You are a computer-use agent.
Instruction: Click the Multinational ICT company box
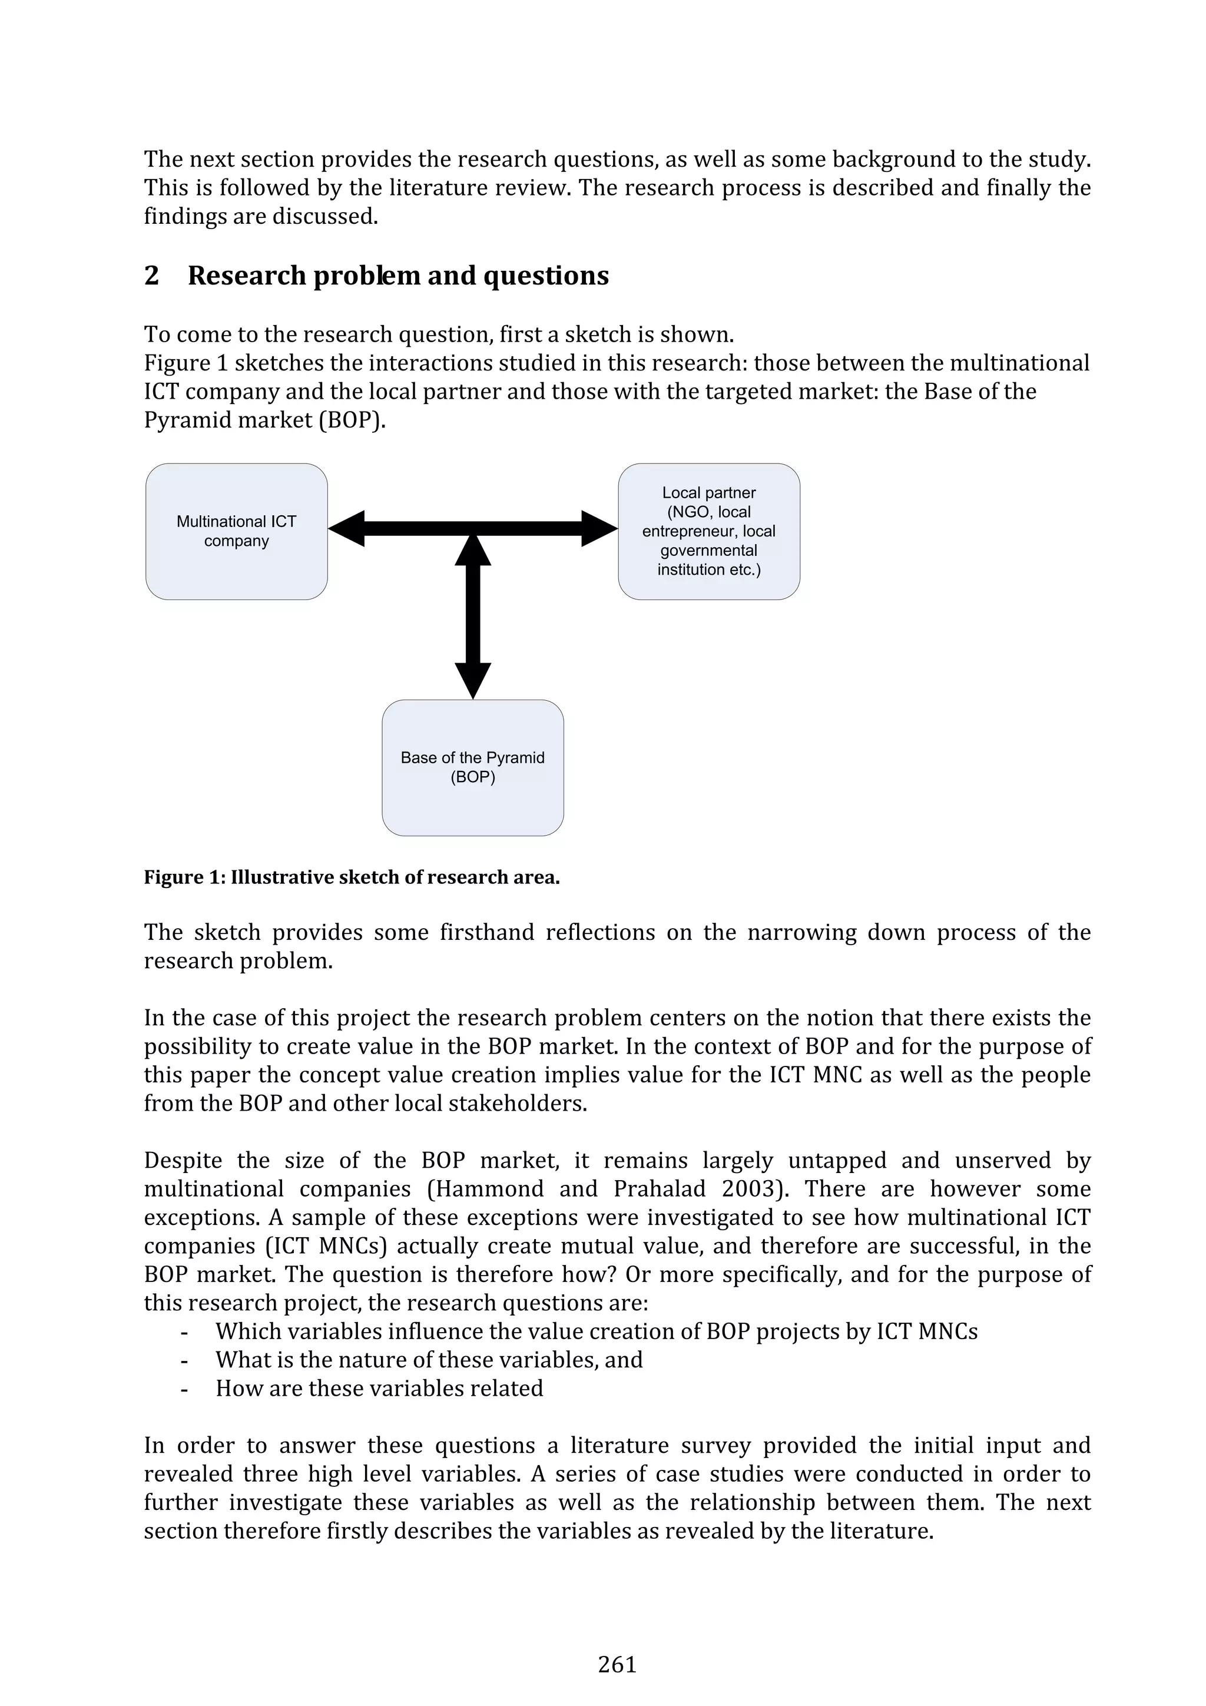[x=236, y=531]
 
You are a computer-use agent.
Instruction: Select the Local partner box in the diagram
[x=708, y=531]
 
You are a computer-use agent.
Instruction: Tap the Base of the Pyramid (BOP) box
[x=473, y=767]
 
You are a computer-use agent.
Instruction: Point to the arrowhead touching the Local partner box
[x=598, y=528]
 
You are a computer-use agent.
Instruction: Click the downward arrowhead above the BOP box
[x=473, y=680]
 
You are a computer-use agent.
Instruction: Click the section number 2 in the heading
[x=151, y=276]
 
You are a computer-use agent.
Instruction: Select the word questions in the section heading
[x=545, y=276]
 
